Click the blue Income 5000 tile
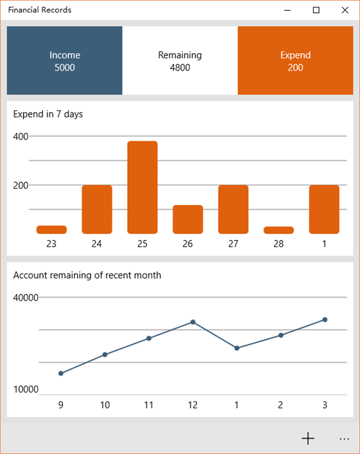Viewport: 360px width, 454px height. tap(64, 61)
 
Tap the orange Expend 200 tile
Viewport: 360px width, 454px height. tap(295, 61)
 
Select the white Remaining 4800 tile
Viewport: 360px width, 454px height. tap(179, 61)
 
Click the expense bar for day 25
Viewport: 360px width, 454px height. tap(142, 187)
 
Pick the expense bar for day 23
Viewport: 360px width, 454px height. tap(52, 230)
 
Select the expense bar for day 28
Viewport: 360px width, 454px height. tap(279, 230)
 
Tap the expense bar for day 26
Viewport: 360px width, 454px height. tap(188, 219)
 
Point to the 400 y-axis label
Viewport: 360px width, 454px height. tap(21, 136)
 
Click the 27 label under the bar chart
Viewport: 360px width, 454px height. tap(233, 244)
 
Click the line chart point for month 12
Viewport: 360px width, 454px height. tap(193, 322)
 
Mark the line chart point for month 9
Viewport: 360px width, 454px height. tap(61, 373)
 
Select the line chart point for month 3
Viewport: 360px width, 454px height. tap(325, 319)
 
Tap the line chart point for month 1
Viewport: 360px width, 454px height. tap(237, 348)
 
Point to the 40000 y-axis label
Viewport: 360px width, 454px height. tap(26, 298)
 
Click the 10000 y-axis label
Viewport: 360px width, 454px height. tap(26, 390)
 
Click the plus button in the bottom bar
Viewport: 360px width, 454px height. tap(308, 438)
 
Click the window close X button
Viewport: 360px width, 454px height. tap(345, 10)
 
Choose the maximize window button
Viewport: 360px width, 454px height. tap(316, 10)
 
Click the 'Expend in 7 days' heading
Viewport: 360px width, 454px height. tap(48, 114)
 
